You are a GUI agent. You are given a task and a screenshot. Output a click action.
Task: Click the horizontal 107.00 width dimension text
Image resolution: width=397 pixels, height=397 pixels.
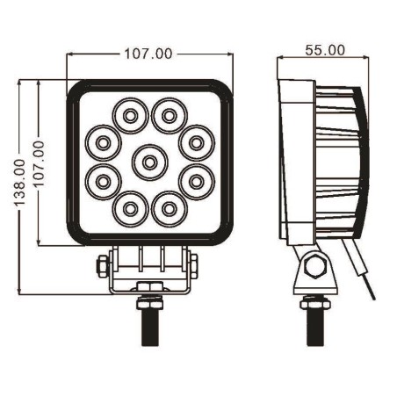click(148, 54)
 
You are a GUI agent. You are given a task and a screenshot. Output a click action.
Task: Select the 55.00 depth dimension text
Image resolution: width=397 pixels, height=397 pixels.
click(324, 50)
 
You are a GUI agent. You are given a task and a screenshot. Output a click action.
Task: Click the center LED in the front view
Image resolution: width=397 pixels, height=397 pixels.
click(149, 162)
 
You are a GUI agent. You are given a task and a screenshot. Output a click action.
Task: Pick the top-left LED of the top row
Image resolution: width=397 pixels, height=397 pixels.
click(129, 115)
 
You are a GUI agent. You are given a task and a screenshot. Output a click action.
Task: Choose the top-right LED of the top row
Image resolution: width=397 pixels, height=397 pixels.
click(168, 115)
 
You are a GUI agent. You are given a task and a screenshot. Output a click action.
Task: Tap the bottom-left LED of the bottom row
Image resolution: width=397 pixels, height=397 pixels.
click(130, 209)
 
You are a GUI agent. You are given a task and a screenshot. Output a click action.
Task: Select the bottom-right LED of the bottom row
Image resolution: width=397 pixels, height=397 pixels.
click(168, 209)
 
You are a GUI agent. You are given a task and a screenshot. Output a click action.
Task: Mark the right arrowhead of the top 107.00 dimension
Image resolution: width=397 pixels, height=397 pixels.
click(229, 54)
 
